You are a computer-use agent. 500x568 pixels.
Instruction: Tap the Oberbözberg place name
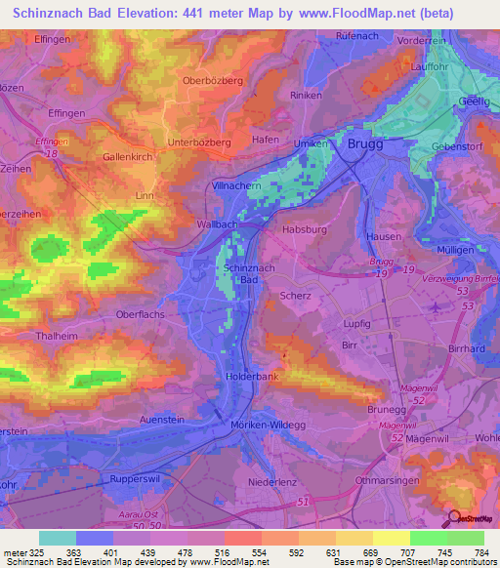coord(212,81)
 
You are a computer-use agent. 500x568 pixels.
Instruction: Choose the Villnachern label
coord(239,184)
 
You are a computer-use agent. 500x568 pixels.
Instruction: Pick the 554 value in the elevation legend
coord(261,551)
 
